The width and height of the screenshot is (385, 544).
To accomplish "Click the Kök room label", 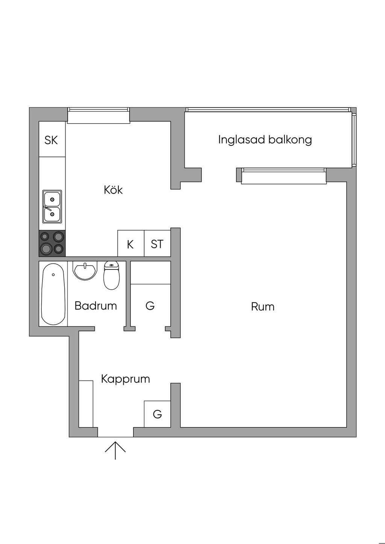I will point(113,190).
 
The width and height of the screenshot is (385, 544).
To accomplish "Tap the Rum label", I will point(262,307).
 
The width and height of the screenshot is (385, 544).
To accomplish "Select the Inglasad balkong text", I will point(265,140).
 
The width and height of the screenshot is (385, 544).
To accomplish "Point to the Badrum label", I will point(95,305).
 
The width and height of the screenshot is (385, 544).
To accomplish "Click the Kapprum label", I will point(125,378).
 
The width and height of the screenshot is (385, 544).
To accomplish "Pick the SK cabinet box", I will point(52,140).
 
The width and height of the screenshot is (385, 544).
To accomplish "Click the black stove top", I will point(52,243).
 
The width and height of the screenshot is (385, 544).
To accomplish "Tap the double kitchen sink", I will point(52,207).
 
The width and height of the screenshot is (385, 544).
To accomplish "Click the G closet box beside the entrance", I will point(157,414).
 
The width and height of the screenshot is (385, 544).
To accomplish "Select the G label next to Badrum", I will point(150,306).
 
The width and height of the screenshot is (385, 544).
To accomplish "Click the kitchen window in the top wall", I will point(99,116).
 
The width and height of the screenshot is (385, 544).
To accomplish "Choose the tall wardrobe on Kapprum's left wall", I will point(86,403).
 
